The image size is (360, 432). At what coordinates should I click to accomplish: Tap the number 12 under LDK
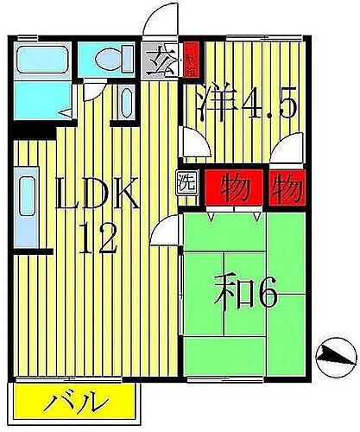[x=98, y=239]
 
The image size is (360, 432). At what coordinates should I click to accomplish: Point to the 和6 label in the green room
[x=247, y=296]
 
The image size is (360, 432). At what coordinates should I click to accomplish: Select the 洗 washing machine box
[x=186, y=182]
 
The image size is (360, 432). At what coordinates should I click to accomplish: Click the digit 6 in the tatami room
[x=266, y=296]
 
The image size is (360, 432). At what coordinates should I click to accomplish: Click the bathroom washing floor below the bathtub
[x=39, y=103]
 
